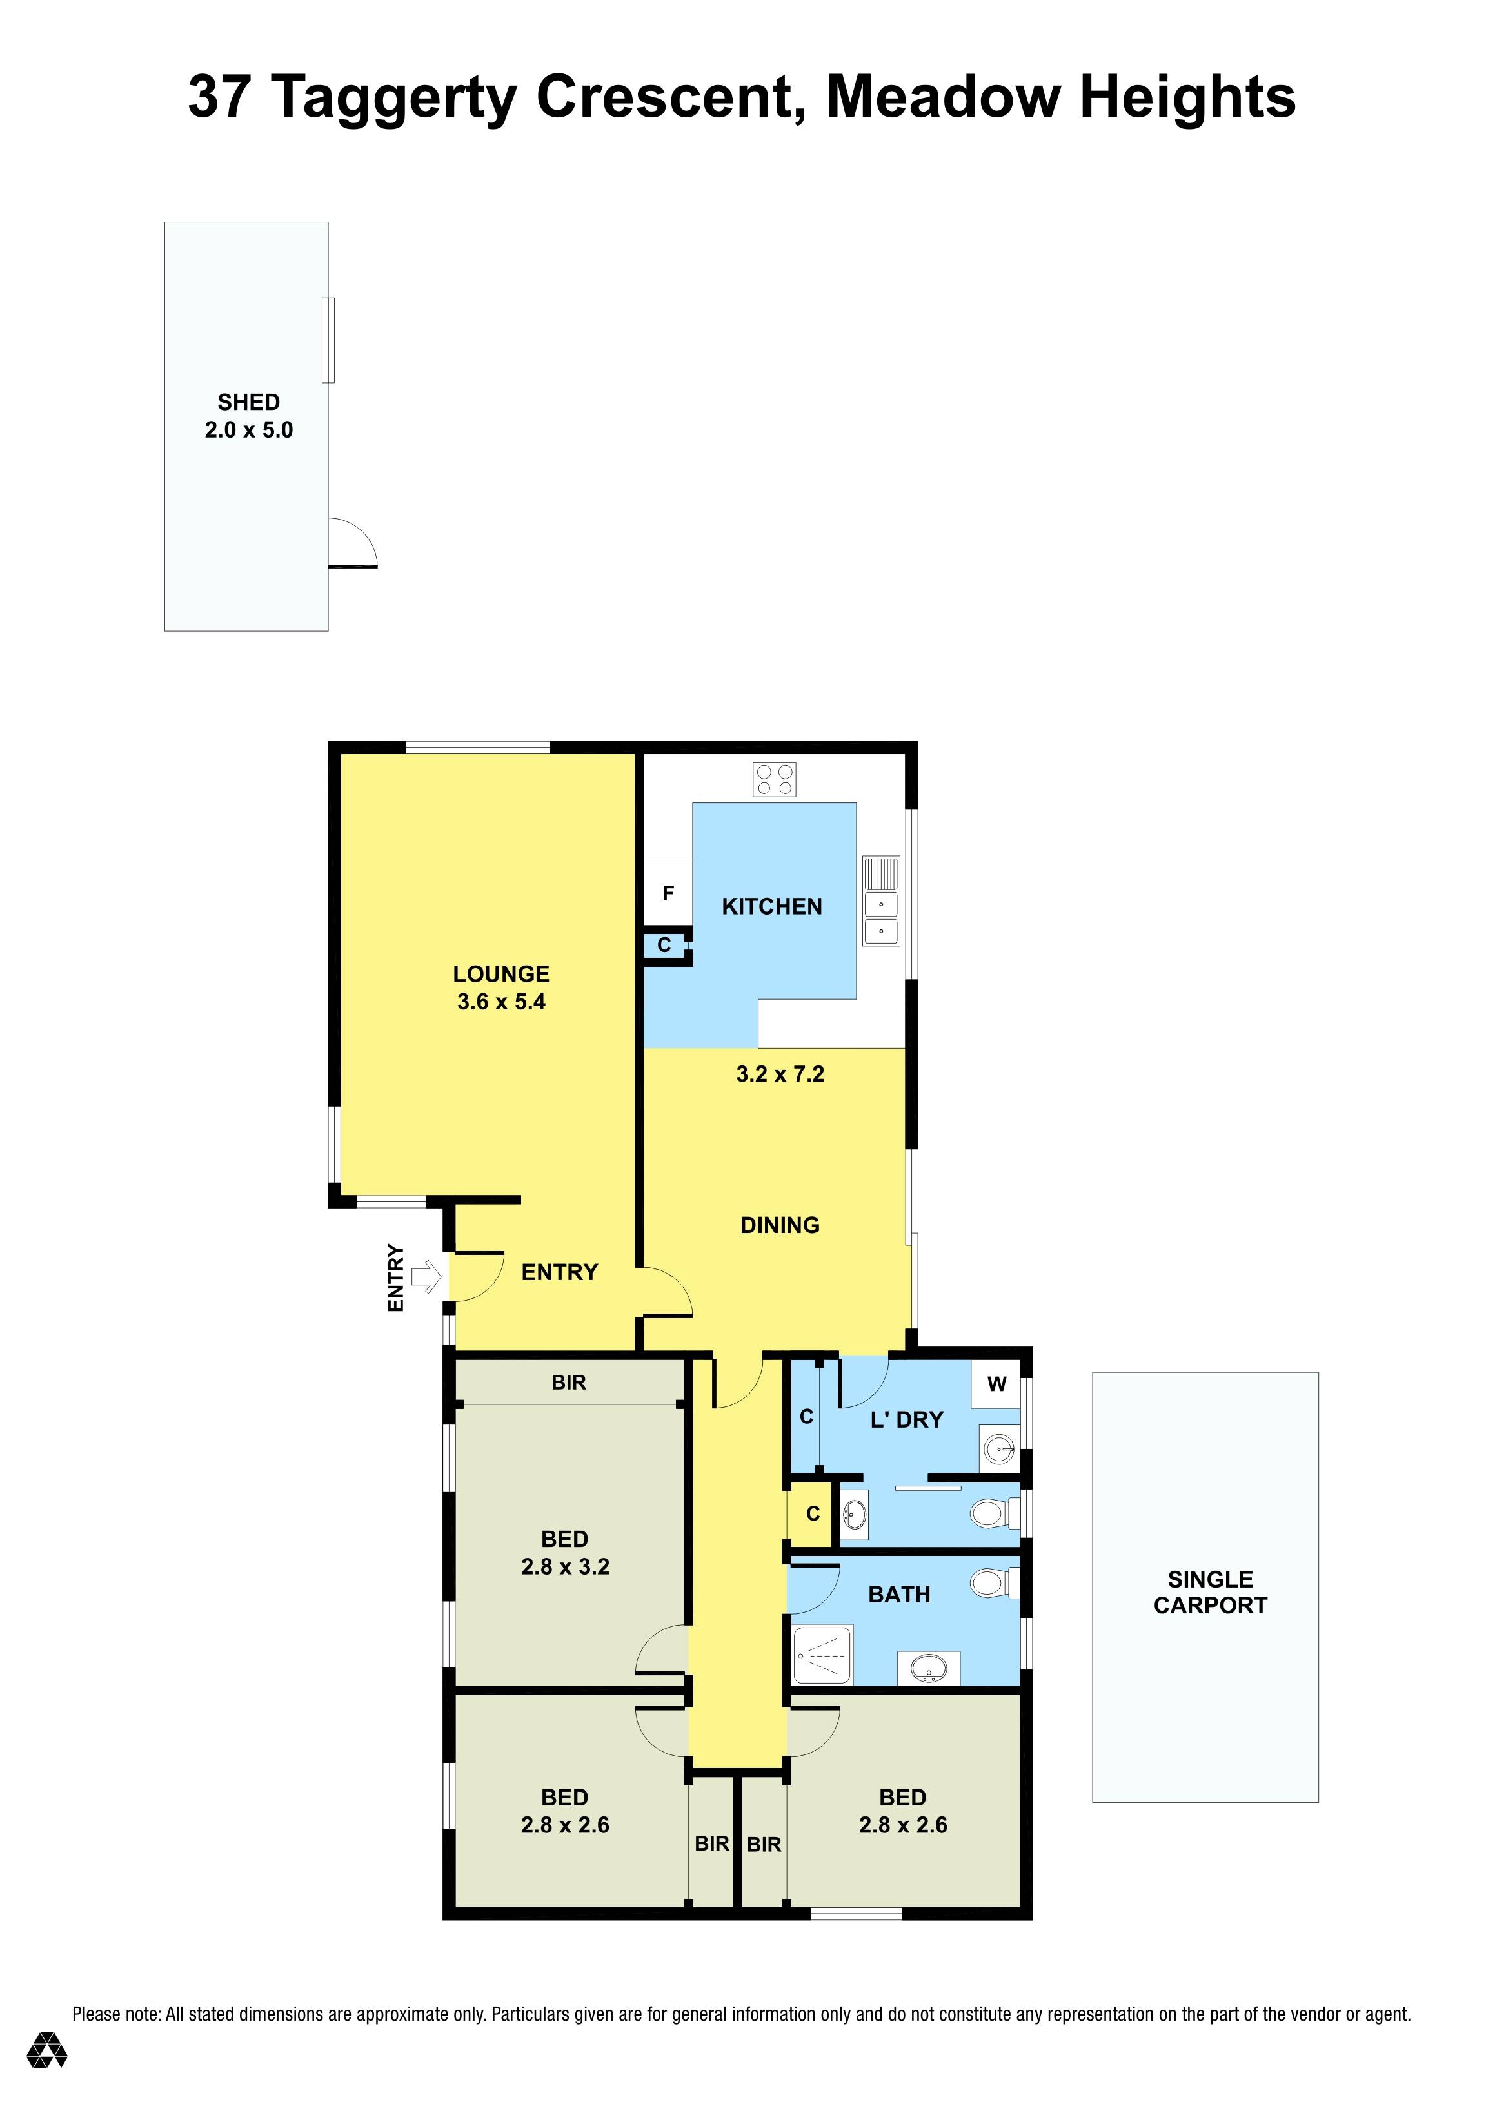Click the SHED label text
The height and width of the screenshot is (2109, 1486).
click(248, 402)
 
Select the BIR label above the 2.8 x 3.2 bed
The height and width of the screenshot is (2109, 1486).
click(568, 1383)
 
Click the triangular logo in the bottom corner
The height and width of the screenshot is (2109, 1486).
click(46, 2075)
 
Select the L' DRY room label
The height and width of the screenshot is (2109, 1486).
click(906, 1420)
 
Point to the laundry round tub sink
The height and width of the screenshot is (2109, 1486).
click(999, 1450)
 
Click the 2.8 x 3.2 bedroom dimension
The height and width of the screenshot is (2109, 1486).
click(564, 1566)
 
